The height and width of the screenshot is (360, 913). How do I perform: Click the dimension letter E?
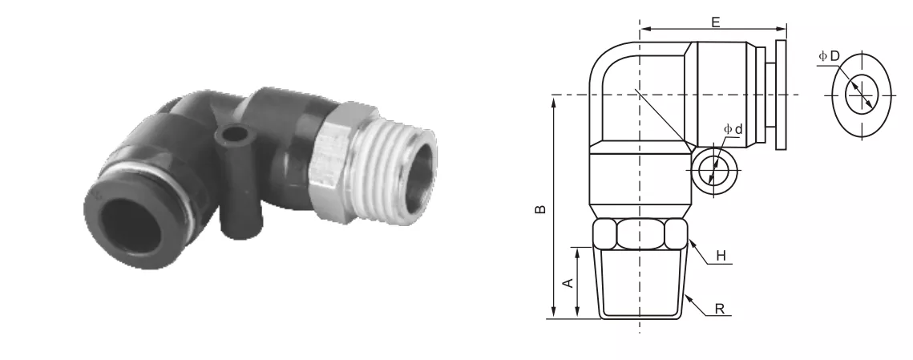[716, 22]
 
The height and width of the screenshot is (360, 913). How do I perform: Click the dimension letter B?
[540, 208]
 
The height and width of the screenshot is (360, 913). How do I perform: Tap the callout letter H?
[721, 255]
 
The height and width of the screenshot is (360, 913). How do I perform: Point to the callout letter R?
[720, 309]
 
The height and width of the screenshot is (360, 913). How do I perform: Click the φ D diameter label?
[829, 56]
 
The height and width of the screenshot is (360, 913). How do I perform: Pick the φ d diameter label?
[733, 129]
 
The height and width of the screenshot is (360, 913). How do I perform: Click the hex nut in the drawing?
[640, 233]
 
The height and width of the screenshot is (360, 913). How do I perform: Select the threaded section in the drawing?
[640, 283]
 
